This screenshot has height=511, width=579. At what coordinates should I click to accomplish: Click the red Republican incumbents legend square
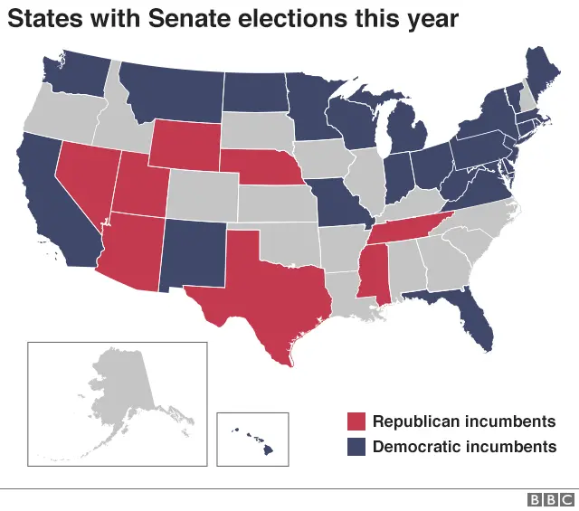pyautogui.click(x=357, y=421)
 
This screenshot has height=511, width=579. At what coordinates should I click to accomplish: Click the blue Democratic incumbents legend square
pyautogui.click(x=357, y=447)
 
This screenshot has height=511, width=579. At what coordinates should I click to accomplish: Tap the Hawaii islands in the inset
pyautogui.click(x=252, y=437)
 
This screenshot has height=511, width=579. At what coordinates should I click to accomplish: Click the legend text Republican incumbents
pyautogui.click(x=463, y=421)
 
